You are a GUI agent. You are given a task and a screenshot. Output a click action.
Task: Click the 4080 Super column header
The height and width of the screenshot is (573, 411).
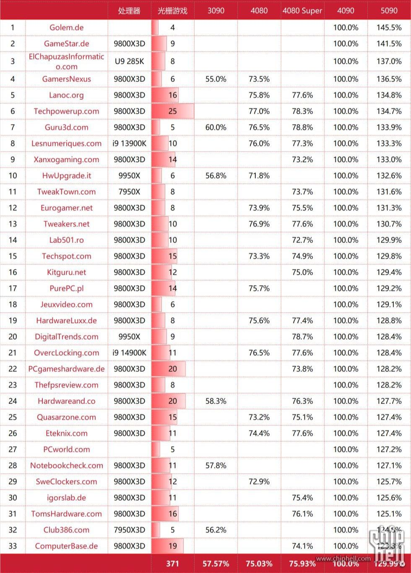tap(302, 10)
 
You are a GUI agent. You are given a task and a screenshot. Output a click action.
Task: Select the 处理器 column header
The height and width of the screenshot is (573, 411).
tap(129, 10)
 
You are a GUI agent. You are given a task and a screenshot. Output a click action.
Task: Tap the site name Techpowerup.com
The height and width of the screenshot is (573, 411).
tap(66, 111)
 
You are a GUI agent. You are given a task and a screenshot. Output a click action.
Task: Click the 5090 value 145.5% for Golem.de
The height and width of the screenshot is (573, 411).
tap(389, 28)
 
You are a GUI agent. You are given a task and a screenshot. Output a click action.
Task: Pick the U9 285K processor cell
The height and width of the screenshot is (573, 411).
tap(129, 61)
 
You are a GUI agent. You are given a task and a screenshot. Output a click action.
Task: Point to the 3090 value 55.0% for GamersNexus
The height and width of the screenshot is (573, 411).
tap(216, 79)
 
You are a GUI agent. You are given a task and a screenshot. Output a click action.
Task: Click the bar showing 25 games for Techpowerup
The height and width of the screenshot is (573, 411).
tap(172, 111)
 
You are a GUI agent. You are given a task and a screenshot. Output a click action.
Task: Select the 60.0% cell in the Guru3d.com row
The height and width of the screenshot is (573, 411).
tap(216, 127)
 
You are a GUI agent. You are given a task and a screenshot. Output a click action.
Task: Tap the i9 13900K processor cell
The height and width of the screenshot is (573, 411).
tap(129, 143)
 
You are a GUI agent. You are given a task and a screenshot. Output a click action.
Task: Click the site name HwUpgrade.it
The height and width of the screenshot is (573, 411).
tap(66, 176)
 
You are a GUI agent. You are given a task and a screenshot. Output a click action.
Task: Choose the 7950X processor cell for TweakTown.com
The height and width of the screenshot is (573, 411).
tap(129, 192)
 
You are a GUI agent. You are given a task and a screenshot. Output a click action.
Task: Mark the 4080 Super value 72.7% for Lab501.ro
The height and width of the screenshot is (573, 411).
tap(302, 240)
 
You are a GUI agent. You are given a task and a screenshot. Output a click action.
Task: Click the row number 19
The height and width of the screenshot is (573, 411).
tap(13, 320)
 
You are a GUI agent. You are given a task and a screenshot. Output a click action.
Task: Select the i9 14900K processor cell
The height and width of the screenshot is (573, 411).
tap(129, 353)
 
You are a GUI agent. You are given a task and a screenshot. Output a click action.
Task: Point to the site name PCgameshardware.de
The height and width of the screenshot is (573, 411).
tap(66, 369)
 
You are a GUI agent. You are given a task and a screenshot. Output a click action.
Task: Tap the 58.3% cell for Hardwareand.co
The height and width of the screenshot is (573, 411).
tap(216, 401)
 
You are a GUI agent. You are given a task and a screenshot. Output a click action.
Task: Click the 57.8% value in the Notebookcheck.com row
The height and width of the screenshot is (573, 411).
tap(216, 465)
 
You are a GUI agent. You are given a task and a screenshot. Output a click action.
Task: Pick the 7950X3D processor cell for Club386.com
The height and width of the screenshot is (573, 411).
tap(129, 530)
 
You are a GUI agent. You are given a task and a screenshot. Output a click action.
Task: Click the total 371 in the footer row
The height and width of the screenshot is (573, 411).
tap(172, 563)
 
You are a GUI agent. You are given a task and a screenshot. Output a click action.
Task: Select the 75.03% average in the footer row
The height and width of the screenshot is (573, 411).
tap(259, 563)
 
